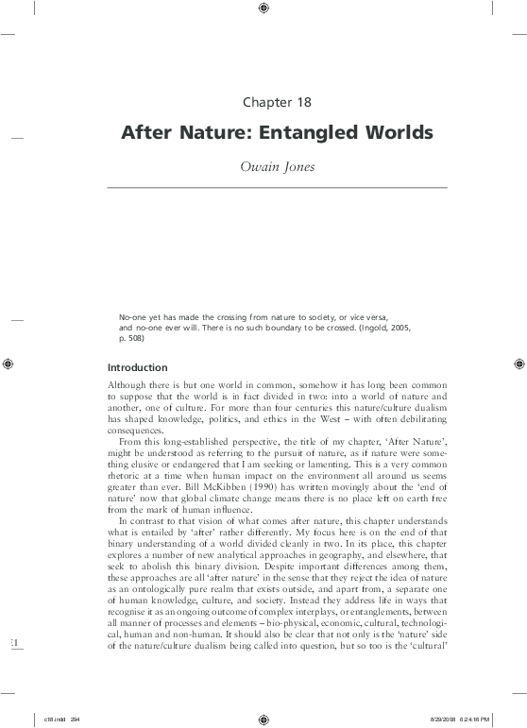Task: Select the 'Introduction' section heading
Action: [x=137, y=366]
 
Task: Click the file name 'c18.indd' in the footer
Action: [x=38, y=718]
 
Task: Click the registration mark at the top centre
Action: [x=263, y=9]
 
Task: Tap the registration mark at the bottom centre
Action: [x=263, y=717]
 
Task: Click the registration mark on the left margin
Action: [x=8, y=363]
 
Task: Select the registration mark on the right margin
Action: [x=518, y=363]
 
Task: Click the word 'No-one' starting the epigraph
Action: [x=131, y=313]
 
